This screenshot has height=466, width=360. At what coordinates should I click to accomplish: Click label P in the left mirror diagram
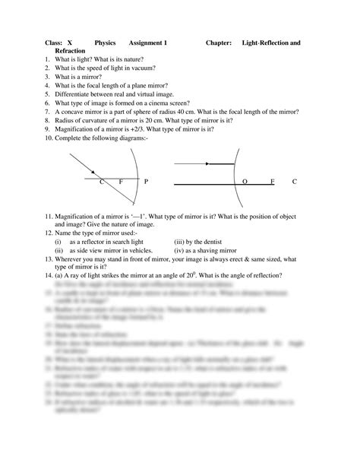click(146, 182)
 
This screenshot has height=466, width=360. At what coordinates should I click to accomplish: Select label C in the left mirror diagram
click(102, 182)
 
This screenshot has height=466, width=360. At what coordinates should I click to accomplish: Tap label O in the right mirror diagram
click(245, 182)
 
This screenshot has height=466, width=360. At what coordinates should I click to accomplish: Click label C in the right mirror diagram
click(294, 182)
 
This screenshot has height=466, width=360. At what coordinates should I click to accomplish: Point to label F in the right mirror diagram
click(273, 182)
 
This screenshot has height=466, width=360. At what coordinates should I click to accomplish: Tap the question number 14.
click(49, 275)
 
